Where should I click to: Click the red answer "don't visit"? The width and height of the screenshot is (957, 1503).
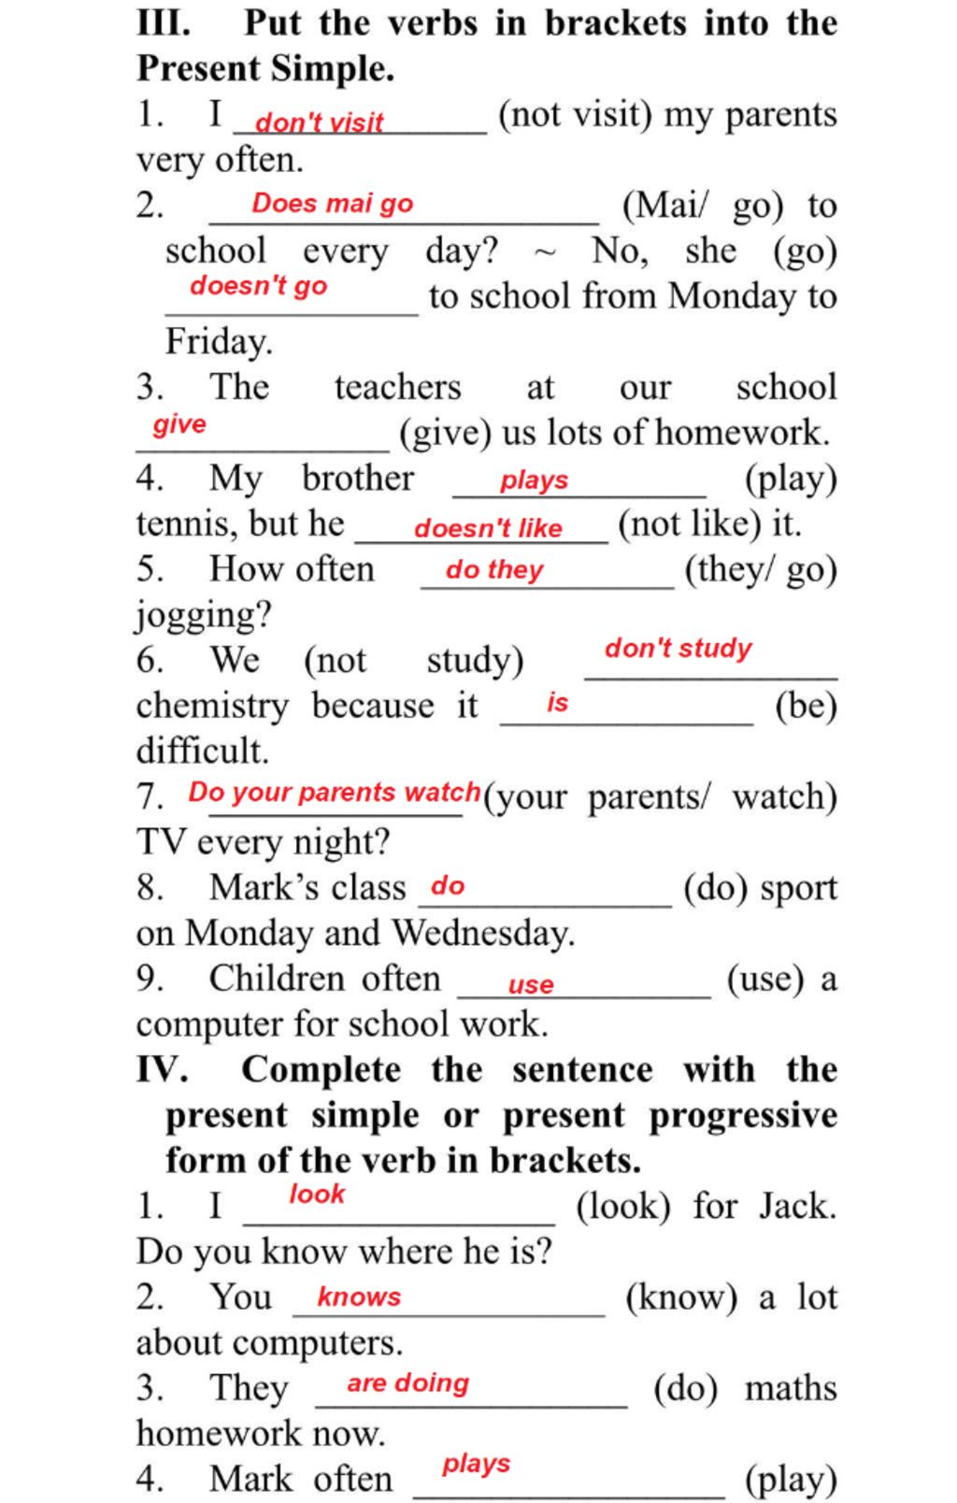pyautogui.click(x=319, y=122)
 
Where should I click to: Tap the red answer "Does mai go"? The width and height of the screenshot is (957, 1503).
pyautogui.click(x=332, y=204)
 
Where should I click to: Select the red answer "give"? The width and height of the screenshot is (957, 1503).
pyautogui.click(x=179, y=424)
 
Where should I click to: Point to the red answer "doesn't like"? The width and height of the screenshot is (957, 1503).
pyautogui.click(x=488, y=528)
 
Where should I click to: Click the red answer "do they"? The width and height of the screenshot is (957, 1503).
pyautogui.click(x=494, y=569)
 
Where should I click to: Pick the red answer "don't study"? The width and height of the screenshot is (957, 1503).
pyautogui.click(x=678, y=648)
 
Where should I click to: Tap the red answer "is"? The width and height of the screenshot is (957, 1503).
pyautogui.click(x=557, y=702)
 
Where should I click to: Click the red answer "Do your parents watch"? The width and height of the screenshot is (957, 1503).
pyautogui.click(x=335, y=793)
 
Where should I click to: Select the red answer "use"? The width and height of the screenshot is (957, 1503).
pyautogui.click(x=531, y=984)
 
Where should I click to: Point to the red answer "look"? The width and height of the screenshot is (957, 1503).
pyautogui.click(x=317, y=1194)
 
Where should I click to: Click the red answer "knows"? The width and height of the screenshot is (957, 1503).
pyautogui.click(x=359, y=1296)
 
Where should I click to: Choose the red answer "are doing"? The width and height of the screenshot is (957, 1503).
pyautogui.click(x=407, y=1382)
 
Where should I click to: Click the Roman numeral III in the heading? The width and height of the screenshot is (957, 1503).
pyautogui.click(x=164, y=22)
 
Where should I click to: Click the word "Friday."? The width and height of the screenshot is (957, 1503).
pyautogui.click(x=219, y=341)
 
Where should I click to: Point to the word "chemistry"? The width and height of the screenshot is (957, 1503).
pyautogui.click(x=212, y=706)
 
